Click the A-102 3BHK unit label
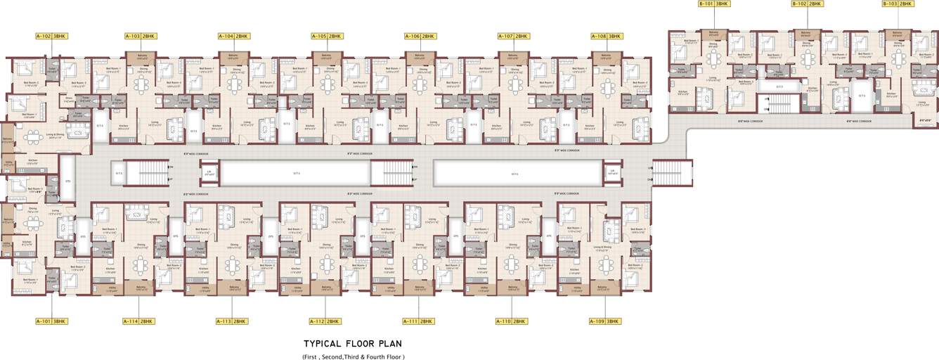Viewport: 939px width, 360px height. [51, 36]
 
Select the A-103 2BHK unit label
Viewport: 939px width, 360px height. [141, 36]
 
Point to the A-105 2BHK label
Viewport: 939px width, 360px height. [327, 36]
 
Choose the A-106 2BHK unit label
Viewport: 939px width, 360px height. [420, 36]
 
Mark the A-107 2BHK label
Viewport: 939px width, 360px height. [513, 36]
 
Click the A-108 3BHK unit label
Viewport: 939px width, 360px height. [607, 36]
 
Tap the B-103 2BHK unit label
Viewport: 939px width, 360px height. [898, 4]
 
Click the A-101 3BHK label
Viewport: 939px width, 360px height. [51, 321]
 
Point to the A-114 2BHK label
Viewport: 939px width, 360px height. [138, 321]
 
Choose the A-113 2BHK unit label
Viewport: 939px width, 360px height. [231, 321]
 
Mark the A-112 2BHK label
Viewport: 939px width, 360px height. [325, 321]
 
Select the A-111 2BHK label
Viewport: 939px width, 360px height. [417, 321]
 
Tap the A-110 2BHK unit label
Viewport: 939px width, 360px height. [511, 321]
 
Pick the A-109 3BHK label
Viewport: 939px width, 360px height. [604, 321]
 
